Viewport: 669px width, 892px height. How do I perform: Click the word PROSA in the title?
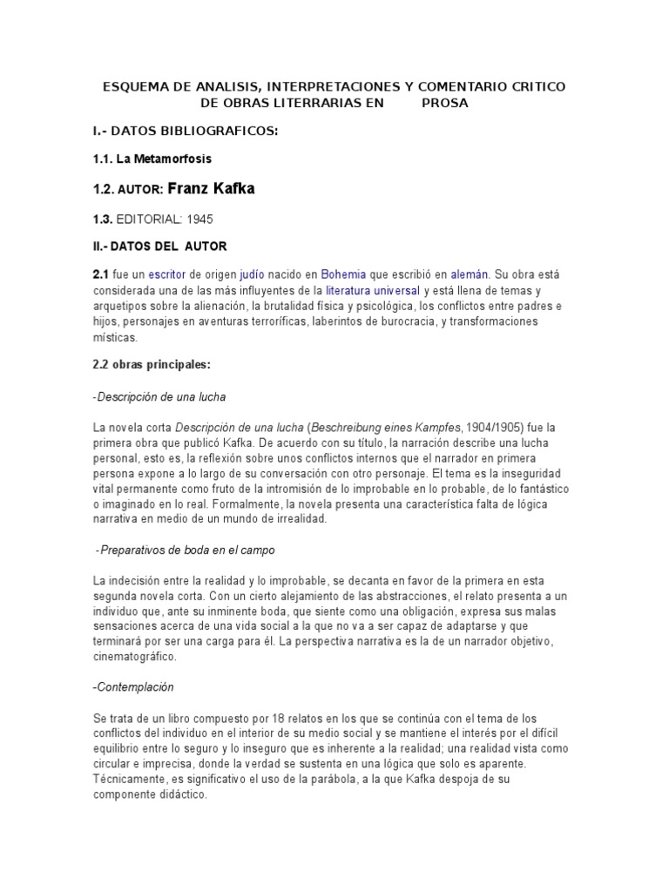(444, 103)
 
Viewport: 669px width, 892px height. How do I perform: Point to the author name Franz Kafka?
(211, 189)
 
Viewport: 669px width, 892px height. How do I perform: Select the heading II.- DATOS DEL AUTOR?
(159, 247)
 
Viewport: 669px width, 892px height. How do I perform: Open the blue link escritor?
(166, 274)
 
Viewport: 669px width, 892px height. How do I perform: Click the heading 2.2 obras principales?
(152, 365)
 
